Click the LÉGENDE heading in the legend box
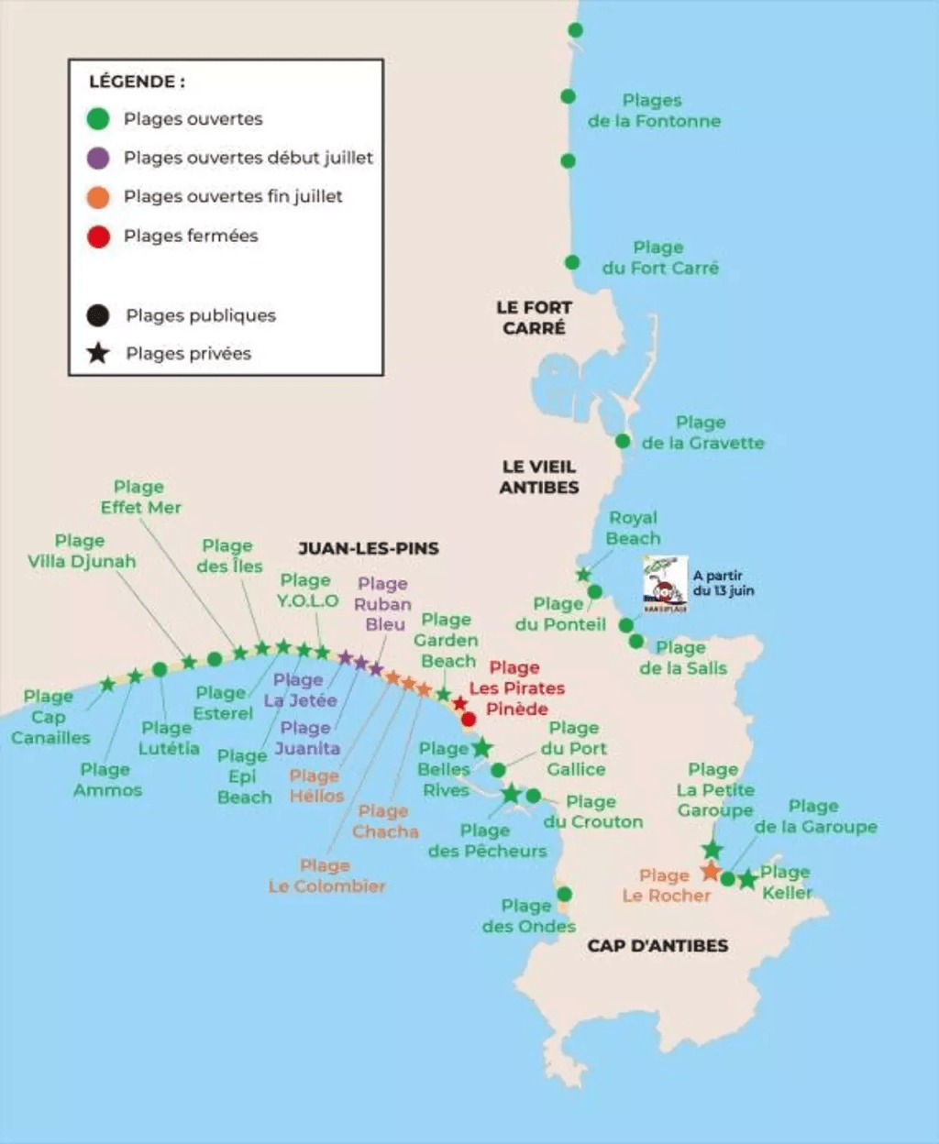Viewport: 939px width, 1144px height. coord(137,82)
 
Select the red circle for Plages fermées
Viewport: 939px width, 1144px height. coord(98,236)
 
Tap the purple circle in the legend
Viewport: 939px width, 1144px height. coord(98,158)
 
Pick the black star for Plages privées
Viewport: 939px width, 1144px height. coord(98,353)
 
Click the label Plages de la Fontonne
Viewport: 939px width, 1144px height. coord(654,111)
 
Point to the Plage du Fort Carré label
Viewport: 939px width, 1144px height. coord(660,258)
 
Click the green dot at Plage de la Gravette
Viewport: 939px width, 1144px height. coord(623,441)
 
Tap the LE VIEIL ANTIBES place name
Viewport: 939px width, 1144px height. coord(539,477)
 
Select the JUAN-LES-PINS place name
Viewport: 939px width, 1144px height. coord(369,548)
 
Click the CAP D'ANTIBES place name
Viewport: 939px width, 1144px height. coord(657,945)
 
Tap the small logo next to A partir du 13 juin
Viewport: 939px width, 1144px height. coord(665,584)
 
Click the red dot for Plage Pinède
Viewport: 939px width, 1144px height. coord(469,719)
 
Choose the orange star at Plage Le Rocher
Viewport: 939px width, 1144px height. coord(711,870)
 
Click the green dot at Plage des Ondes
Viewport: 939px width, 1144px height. coord(565,894)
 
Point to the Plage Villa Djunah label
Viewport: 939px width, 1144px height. coord(81,551)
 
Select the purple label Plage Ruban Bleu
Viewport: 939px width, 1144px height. coord(383,604)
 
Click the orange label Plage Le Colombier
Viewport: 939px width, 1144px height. coord(326,876)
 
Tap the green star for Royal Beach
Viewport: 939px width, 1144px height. coord(583,575)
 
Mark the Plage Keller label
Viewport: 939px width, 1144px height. coord(786,882)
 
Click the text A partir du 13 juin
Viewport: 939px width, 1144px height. coord(723,583)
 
